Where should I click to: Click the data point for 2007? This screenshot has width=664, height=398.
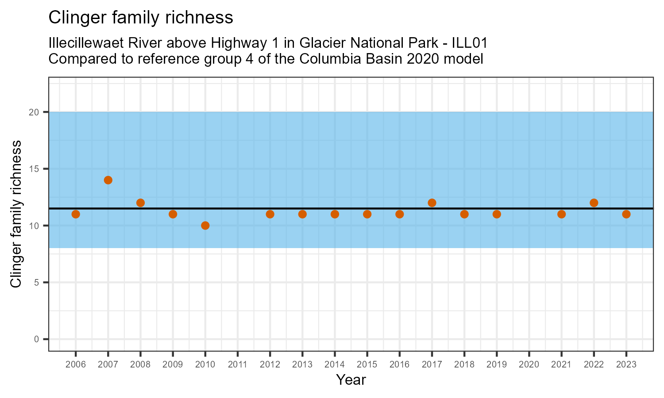coord(108,180)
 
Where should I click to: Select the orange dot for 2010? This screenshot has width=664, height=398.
coord(205,226)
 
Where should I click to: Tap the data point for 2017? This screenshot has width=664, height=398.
coord(432,203)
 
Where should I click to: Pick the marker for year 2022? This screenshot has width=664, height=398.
coord(594,203)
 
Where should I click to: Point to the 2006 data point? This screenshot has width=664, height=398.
coord(76,214)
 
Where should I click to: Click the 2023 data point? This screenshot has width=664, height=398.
coord(626,214)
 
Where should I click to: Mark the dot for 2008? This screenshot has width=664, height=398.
coord(140,203)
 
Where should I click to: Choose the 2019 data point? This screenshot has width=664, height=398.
coord(497,214)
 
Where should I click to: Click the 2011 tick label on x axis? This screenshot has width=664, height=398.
coord(238,365)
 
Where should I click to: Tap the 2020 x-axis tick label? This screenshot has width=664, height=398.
coord(529,365)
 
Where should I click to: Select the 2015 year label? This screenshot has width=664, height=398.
coord(367,365)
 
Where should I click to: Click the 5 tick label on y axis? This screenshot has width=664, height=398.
coord(37,283)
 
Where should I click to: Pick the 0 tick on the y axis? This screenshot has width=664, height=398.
coord(37,339)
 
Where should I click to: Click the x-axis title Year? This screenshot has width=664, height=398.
coord(351,380)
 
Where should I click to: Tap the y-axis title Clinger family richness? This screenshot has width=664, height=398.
coord(16,214)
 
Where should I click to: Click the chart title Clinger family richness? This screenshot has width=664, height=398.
coord(140,18)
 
